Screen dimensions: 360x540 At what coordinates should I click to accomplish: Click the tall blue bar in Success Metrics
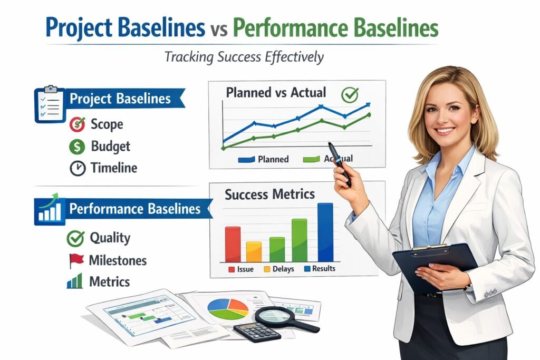pyautogui.click(x=325, y=232)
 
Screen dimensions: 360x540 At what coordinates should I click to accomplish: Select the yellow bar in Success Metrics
pyautogui.click(x=254, y=251)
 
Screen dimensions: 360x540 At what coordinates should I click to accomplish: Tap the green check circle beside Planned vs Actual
pyautogui.click(x=350, y=95)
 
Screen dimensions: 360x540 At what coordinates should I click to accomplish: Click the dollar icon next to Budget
pyautogui.click(x=77, y=146)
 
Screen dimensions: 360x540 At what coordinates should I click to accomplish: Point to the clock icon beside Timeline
pyautogui.click(x=77, y=168)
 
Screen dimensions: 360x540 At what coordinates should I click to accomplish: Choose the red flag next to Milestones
pyautogui.click(x=76, y=260)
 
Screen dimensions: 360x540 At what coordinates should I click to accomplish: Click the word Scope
pyautogui.click(x=107, y=124)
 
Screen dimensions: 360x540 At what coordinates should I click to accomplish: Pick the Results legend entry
pyautogui.click(x=319, y=269)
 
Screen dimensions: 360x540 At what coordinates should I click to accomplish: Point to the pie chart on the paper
pyautogui.click(x=228, y=308)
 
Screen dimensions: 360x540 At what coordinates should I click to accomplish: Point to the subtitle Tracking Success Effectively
pyautogui.click(x=244, y=56)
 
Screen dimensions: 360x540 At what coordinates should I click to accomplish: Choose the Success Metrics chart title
pyautogui.click(x=269, y=194)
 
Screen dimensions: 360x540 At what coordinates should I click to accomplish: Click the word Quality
pyautogui.click(x=110, y=238)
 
